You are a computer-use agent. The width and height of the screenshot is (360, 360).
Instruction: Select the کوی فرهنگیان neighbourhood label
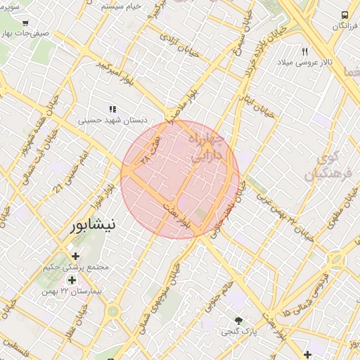(x=323, y=166)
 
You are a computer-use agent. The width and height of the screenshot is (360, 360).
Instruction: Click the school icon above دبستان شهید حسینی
(x=112, y=109)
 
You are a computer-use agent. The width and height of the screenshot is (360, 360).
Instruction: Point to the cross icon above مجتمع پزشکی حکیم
(x=76, y=256)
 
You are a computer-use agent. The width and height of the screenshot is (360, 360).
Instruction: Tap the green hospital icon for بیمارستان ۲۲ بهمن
(x=72, y=280)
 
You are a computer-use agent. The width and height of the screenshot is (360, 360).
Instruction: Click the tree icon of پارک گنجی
(x=239, y=319)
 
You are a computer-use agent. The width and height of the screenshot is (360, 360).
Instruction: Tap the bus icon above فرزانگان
(x=345, y=14)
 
